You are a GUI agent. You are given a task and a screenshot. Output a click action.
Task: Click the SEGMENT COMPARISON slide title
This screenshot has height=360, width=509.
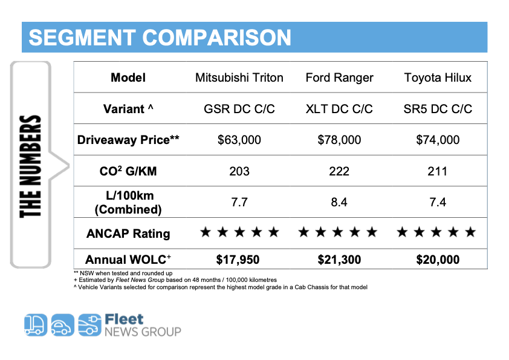(x=160, y=38)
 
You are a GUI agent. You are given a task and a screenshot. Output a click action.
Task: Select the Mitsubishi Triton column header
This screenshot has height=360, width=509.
(x=239, y=77)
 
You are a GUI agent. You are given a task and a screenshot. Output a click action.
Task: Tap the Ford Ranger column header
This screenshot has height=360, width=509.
(x=339, y=77)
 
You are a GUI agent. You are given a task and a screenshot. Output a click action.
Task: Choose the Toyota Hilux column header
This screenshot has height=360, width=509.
(x=437, y=77)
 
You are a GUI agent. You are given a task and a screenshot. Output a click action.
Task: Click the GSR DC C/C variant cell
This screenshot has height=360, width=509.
(x=239, y=109)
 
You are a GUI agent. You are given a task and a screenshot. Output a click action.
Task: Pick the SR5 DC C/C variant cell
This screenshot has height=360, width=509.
(x=437, y=109)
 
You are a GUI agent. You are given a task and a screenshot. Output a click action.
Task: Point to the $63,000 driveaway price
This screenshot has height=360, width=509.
(x=239, y=140)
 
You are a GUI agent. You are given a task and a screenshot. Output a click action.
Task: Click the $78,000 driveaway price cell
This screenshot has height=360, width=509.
(x=339, y=140)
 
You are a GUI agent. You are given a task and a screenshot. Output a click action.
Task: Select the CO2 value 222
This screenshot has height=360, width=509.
(x=339, y=171)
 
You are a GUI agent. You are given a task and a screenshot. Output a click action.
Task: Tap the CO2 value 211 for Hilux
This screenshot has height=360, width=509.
(x=437, y=171)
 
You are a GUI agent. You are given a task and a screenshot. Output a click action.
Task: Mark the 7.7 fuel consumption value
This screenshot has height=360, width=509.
(x=239, y=202)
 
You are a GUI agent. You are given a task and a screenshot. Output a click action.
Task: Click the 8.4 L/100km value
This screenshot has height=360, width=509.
(x=339, y=202)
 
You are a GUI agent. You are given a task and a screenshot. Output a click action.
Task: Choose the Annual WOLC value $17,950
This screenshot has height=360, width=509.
(x=239, y=260)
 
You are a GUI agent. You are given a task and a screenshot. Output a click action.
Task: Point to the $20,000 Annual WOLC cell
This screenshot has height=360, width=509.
(x=437, y=260)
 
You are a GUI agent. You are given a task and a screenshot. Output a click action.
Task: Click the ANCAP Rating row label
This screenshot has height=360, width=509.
(x=128, y=234)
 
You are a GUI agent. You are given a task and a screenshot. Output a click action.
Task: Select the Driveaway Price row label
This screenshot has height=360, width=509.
(x=128, y=140)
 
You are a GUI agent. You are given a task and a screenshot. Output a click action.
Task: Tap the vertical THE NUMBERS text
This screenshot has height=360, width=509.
(x=30, y=166)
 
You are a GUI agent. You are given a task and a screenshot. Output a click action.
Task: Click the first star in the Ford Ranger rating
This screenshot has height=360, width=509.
(x=304, y=232)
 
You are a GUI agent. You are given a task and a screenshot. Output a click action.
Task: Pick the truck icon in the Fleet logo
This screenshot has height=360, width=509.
(x=35, y=325)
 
